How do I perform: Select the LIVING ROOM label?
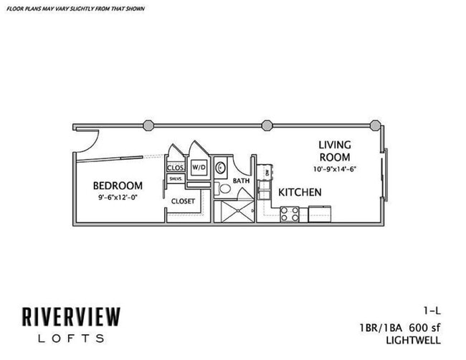click(x=335, y=151)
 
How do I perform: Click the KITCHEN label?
click(x=300, y=192)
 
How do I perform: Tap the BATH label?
click(x=240, y=181)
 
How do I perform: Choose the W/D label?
click(x=198, y=168)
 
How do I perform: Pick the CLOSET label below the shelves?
click(x=183, y=202)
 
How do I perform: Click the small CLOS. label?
click(x=176, y=168)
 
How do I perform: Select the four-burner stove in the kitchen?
click(x=290, y=214)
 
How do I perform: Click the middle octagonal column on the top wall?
click(x=267, y=125)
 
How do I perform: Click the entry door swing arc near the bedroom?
click(x=85, y=141)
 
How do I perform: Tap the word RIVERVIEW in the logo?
click(x=70, y=316)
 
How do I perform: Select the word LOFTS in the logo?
click(x=65, y=338)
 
